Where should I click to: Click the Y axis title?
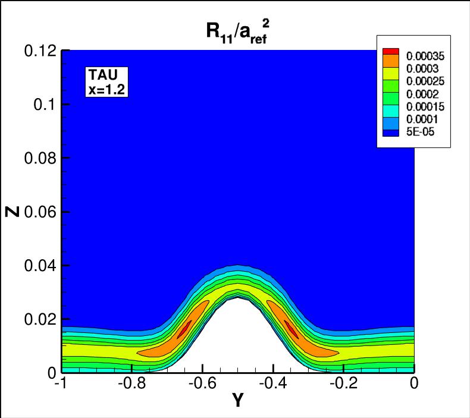click(237, 401)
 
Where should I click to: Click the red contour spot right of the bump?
click(292, 329)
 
